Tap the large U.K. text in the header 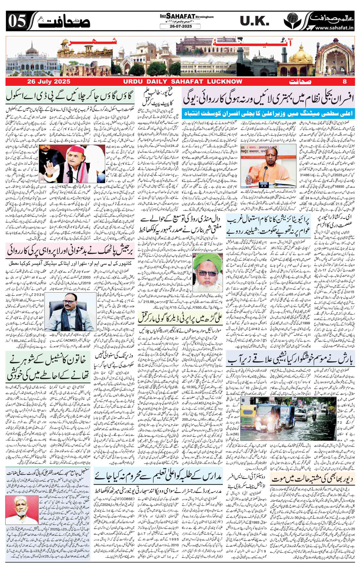[254, 21]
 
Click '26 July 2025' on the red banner [49, 82]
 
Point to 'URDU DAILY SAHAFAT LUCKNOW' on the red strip [182, 82]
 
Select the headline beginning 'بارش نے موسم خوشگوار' [291, 359]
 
